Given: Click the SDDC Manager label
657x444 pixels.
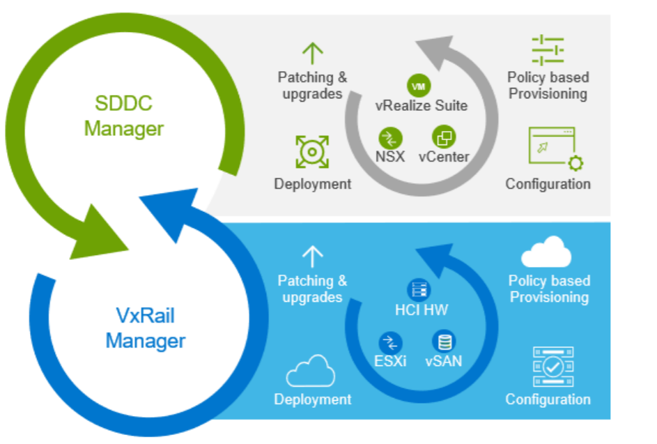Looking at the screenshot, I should (124, 116).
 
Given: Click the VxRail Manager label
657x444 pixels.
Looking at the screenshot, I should (146, 329).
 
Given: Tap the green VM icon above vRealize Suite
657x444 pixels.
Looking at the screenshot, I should (419, 86).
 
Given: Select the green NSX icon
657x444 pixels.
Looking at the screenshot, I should (391, 137).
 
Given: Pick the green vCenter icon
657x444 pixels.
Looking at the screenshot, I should (443, 136).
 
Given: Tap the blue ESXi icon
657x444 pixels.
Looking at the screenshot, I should (391, 342).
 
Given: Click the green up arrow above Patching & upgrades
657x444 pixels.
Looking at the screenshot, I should (313, 54).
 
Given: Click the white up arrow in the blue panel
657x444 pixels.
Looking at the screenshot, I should (313, 257).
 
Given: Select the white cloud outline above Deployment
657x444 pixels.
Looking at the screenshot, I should (311, 372).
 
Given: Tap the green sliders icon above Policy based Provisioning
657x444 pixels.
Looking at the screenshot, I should (548, 51).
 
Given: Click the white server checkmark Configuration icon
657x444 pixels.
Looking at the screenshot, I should (552, 367).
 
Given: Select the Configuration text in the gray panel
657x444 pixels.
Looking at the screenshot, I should (548, 184).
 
